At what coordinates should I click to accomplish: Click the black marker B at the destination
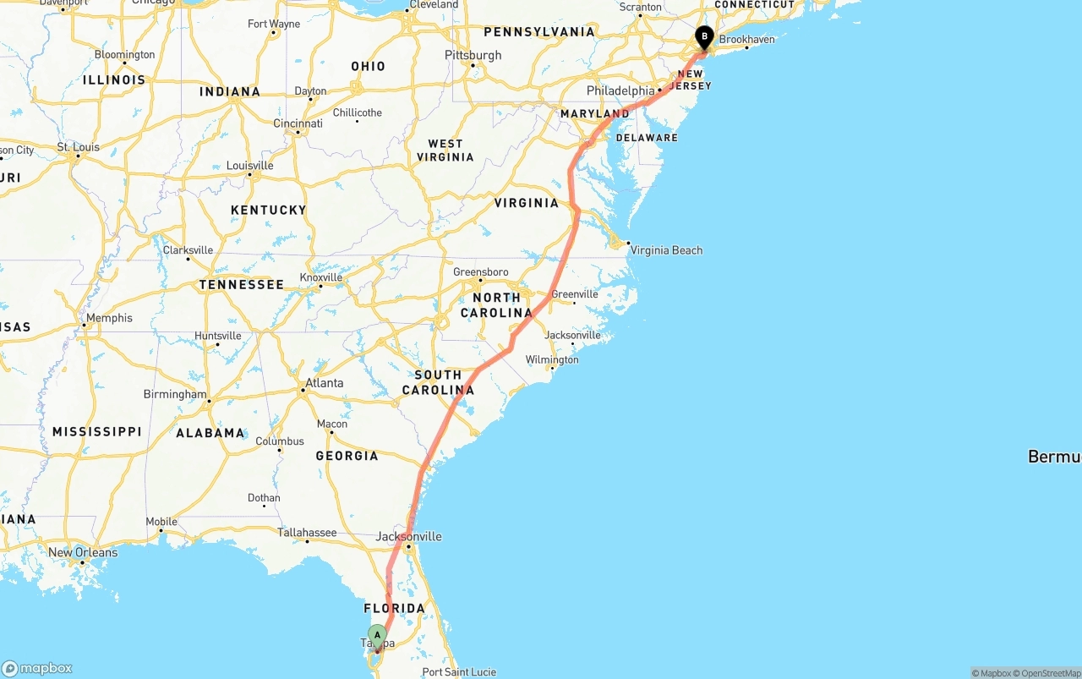tap(704, 37)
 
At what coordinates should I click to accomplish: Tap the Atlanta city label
tap(324, 383)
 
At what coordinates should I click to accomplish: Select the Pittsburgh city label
tap(473, 55)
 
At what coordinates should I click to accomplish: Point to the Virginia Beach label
tap(666, 250)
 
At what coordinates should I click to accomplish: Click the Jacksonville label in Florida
tap(408, 536)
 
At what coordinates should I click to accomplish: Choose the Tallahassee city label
tap(307, 533)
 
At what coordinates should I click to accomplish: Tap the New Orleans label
tap(83, 553)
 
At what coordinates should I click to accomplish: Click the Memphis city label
tap(109, 318)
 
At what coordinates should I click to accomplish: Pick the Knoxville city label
tap(321, 277)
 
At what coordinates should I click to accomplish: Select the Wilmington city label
tap(552, 359)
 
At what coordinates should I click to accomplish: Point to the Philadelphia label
tap(620, 90)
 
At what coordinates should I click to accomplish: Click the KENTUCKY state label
tap(268, 210)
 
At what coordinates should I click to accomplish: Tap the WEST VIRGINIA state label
tap(445, 151)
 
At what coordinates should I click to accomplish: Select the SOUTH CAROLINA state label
tap(438, 382)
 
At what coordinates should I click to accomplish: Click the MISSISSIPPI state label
tap(96, 432)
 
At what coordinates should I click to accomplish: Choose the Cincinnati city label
tap(298, 123)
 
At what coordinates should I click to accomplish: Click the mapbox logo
tap(37, 668)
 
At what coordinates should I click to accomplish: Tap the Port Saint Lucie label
tap(459, 672)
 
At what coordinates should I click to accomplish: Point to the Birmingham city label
tap(175, 394)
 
